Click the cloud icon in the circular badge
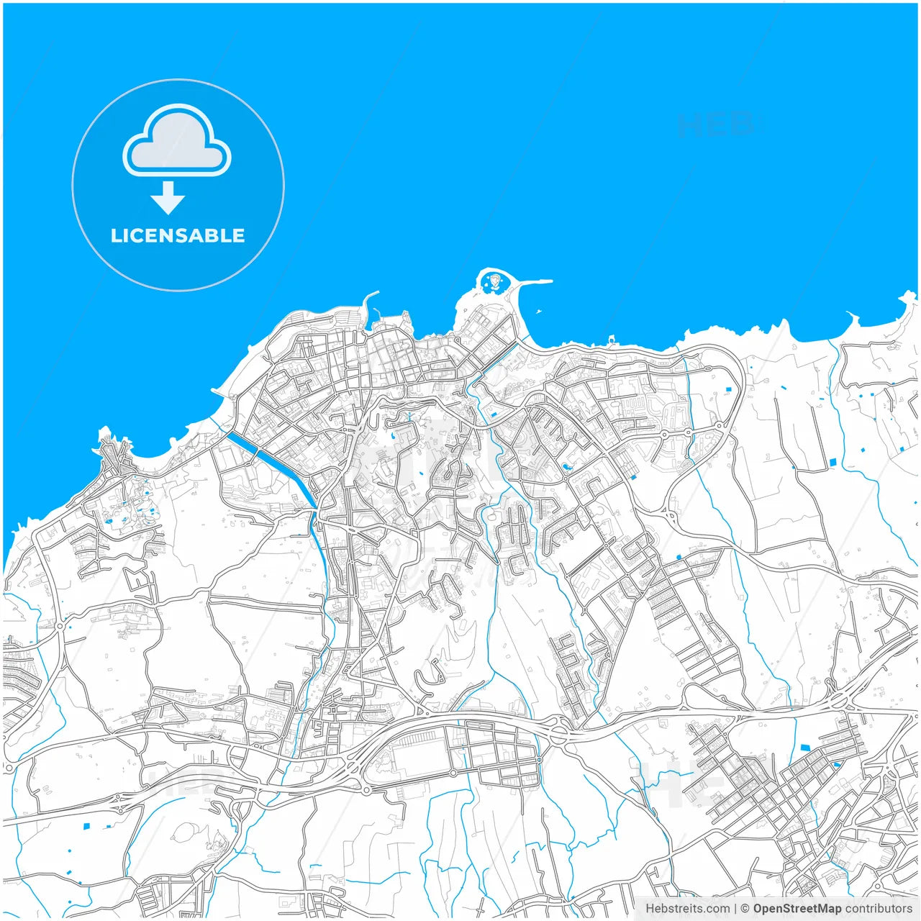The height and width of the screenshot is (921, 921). tap(177, 140)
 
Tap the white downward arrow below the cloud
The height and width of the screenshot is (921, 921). tap(168, 198)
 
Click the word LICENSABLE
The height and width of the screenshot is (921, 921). tap(178, 236)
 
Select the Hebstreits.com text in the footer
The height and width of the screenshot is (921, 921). tap(687, 909)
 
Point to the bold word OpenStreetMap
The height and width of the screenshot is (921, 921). tap(797, 909)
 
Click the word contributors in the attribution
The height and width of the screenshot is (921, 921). tap(878, 909)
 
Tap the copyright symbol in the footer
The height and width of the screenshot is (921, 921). tap(745, 909)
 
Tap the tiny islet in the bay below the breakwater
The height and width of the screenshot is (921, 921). tap(537, 312)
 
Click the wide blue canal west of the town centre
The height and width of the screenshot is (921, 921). tap(270, 460)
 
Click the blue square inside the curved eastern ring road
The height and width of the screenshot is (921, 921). tap(728, 390)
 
